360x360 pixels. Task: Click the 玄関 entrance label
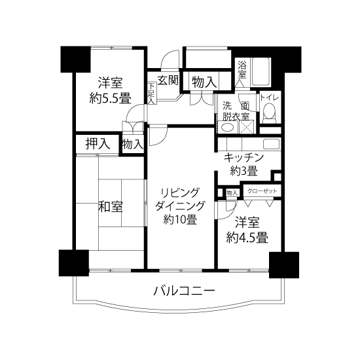[x=168, y=81]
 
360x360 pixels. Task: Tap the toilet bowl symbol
[x=269, y=113]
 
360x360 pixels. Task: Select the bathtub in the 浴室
[x=261, y=71]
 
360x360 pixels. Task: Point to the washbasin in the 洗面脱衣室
[x=227, y=128]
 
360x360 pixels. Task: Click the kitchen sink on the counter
[x=272, y=144]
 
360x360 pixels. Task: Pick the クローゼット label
[x=262, y=190]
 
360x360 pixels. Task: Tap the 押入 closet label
[x=98, y=143]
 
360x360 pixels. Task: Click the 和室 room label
[x=111, y=206]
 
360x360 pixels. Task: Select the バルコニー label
[x=185, y=291]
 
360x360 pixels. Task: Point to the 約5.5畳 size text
[x=111, y=99]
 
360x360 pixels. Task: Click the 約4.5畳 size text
[x=247, y=238]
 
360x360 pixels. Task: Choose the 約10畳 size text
[x=180, y=219]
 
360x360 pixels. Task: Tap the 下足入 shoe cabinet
[x=152, y=94]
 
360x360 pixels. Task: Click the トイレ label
[x=269, y=98]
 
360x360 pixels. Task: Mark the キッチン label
[x=244, y=158]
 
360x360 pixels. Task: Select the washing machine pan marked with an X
[x=247, y=127]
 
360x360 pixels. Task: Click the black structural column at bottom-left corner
[x=74, y=263]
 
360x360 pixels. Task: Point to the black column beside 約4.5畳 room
[x=284, y=264]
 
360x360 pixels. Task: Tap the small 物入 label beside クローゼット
[x=232, y=193]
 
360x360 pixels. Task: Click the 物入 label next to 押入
[x=132, y=145]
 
